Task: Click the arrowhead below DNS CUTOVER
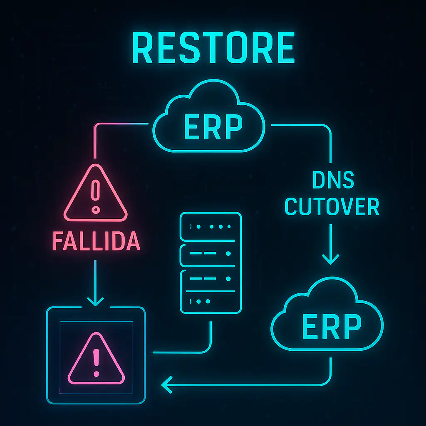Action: click(331, 260)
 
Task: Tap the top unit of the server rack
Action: click(210, 227)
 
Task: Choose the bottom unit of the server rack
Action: click(210, 300)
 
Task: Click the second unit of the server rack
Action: click(210, 254)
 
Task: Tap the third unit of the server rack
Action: click(210, 279)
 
